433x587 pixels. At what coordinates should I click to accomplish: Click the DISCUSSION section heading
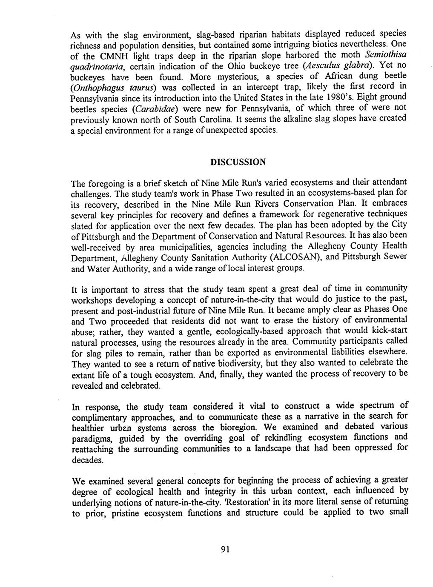pyautogui.click(x=238, y=162)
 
